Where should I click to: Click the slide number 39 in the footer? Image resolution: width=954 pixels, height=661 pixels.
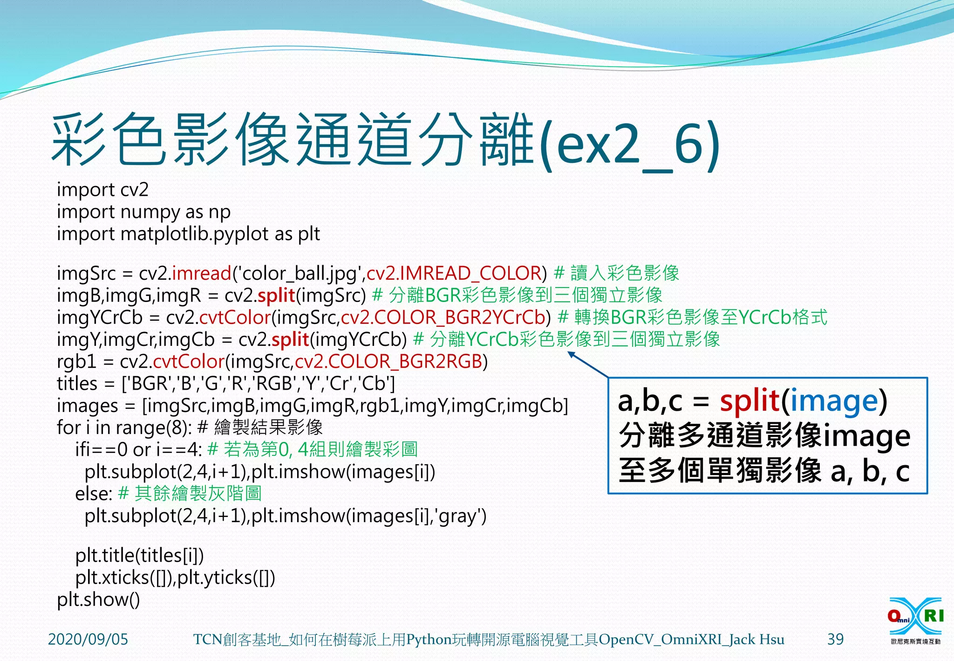[x=835, y=639]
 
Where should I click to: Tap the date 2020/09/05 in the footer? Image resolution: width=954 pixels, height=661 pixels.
[x=88, y=639]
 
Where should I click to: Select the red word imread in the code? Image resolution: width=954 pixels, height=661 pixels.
[x=202, y=273]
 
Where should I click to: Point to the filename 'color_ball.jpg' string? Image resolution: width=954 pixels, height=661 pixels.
[x=299, y=273]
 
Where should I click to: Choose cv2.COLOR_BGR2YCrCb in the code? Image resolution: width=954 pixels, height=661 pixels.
[x=443, y=317]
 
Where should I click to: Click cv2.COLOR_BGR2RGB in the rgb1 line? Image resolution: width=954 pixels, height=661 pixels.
[x=388, y=362]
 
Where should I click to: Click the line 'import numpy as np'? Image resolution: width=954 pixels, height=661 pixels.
[x=143, y=212]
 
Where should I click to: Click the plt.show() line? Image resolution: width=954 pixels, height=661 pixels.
[x=98, y=599]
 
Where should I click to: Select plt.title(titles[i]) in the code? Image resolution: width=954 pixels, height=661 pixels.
[x=139, y=555]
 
